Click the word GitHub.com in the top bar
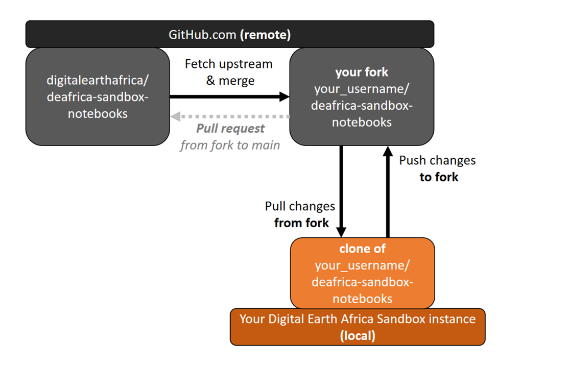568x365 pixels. (202, 35)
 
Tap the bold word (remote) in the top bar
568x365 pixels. (266, 35)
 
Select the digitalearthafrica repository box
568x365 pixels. (98, 96)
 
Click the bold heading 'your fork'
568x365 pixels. (362, 72)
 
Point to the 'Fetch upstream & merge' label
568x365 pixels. (228, 72)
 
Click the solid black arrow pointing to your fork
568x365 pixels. (229, 96)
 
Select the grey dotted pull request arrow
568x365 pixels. (230, 116)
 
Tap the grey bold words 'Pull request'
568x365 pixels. (231, 128)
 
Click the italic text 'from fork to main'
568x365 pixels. (230, 145)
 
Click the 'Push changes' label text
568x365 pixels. (437, 160)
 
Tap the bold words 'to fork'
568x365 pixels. (439, 177)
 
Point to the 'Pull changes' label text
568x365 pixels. (300, 206)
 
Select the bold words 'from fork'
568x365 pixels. (301, 223)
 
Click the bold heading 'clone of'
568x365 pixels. (362, 249)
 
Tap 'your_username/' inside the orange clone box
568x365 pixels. (362, 265)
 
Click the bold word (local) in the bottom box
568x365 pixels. (358, 336)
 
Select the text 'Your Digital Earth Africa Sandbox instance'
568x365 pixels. (358, 319)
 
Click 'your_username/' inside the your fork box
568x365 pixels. (362, 89)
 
